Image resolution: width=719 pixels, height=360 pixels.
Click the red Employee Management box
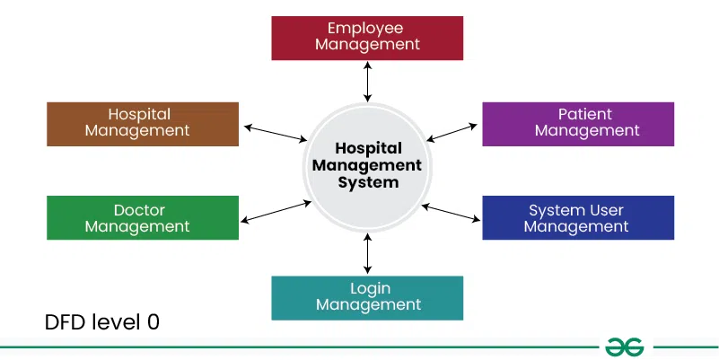[x=367, y=38]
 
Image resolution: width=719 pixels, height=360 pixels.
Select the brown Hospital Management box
[x=143, y=124]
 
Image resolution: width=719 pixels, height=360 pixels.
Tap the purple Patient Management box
[x=578, y=124]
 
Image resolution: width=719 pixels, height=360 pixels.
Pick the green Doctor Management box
[x=143, y=217]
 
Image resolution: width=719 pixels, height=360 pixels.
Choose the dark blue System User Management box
[x=578, y=217]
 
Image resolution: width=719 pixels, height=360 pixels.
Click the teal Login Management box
[x=367, y=298]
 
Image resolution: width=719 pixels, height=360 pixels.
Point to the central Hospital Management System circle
[x=367, y=167]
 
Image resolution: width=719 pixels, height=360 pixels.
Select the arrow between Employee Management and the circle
[x=367, y=81]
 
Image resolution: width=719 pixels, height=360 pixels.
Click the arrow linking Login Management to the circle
[x=367, y=253]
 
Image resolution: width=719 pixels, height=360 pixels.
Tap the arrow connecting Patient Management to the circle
[x=452, y=133]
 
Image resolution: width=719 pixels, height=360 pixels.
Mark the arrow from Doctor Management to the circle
[x=276, y=212]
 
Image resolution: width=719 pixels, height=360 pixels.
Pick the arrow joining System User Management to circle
[x=451, y=214]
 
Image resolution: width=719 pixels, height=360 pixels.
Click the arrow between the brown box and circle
[x=276, y=133]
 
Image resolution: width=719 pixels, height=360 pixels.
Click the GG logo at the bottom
[x=624, y=347]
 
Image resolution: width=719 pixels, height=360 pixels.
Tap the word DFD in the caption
[x=66, y=322]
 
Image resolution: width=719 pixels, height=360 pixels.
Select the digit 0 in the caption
[x=153, y=322]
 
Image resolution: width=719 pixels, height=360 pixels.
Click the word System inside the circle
[x=368, y=182]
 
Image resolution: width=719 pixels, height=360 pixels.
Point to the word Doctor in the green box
[x=139, y=210]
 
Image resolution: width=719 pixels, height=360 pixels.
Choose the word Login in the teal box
[x=371, y=289]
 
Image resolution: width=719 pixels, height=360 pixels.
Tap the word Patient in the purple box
[x=584, y=114]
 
